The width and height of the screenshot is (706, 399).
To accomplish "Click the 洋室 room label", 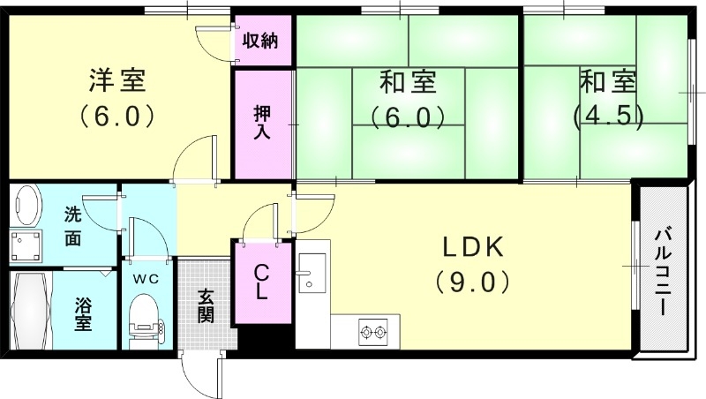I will point(116,79).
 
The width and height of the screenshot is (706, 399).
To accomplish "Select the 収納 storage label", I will point(262,40).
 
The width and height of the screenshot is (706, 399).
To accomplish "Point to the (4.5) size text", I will point(607,116).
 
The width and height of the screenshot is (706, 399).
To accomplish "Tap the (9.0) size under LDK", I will point(472,282).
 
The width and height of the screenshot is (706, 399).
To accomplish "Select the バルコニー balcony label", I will point(662,270).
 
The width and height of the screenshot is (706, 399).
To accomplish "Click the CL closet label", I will point(262,283).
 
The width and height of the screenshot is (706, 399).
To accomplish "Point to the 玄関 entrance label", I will point(206,305).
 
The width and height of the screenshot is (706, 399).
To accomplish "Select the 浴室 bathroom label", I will point(84,314).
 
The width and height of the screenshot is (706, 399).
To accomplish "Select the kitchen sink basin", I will point(311,272).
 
